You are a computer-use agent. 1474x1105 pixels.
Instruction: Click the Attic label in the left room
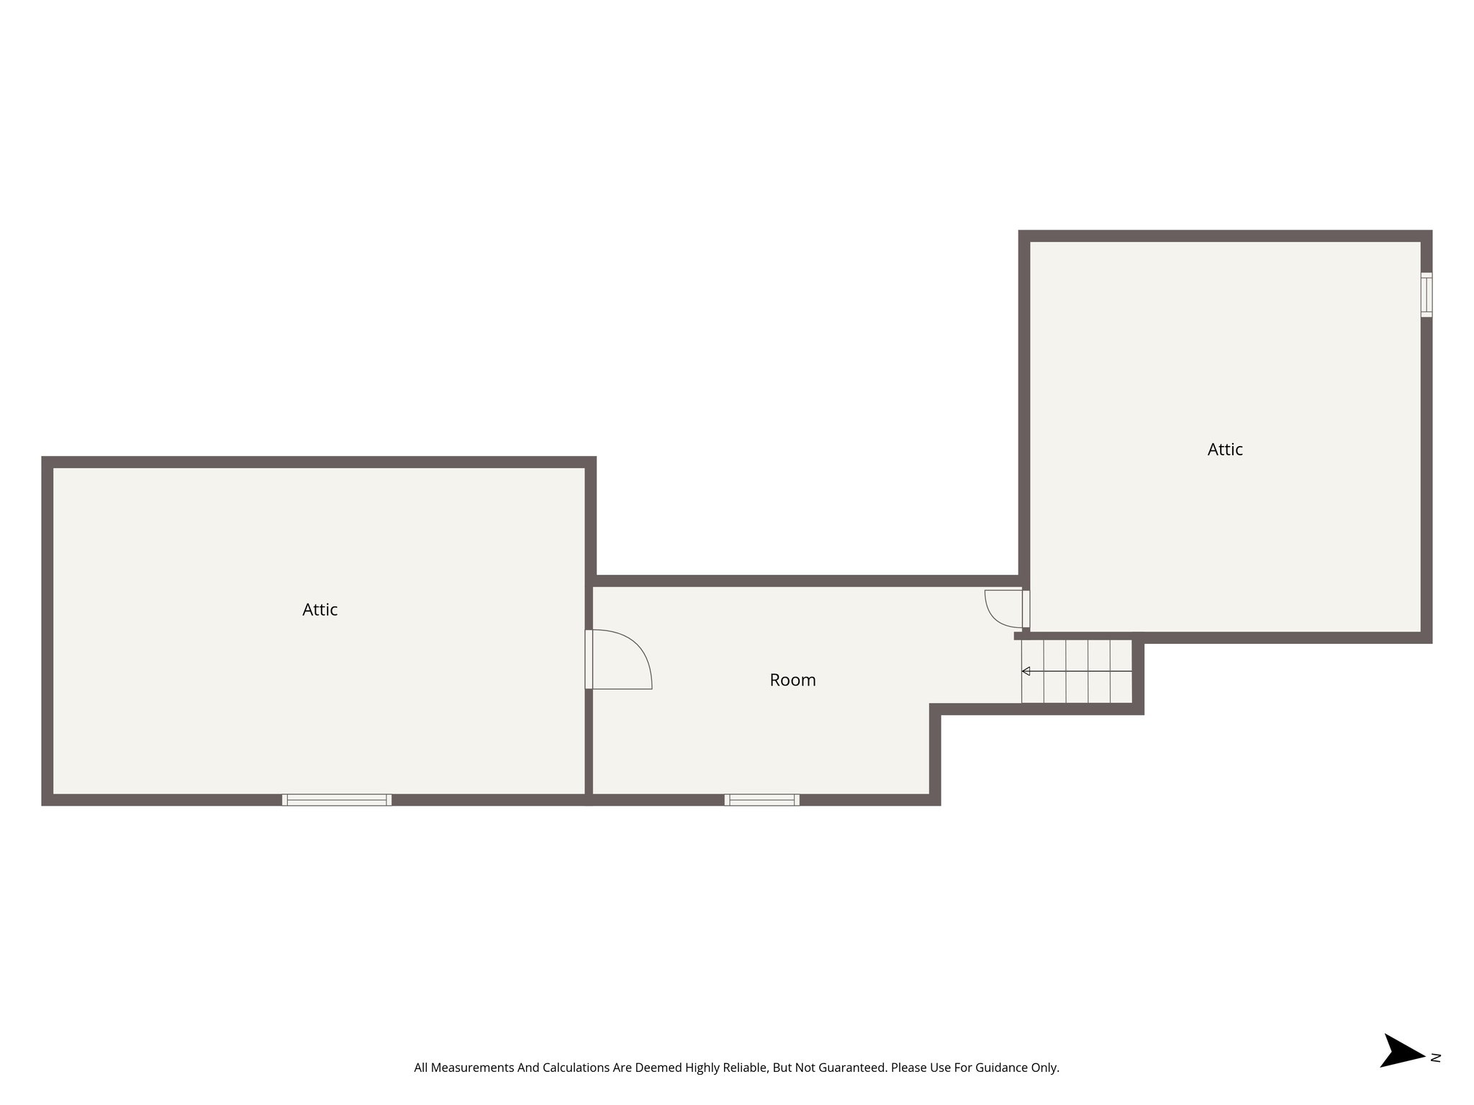320,610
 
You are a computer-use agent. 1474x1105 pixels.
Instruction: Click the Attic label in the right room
1225,450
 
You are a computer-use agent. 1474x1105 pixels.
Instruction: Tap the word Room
792,680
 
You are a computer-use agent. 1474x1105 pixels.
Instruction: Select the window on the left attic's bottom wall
337,799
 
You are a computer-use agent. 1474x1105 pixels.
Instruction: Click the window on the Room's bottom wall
761,799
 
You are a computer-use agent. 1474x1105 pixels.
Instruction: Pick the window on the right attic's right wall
1426,294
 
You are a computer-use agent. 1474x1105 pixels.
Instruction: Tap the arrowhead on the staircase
1026,671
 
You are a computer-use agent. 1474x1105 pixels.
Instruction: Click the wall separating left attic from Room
589,741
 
